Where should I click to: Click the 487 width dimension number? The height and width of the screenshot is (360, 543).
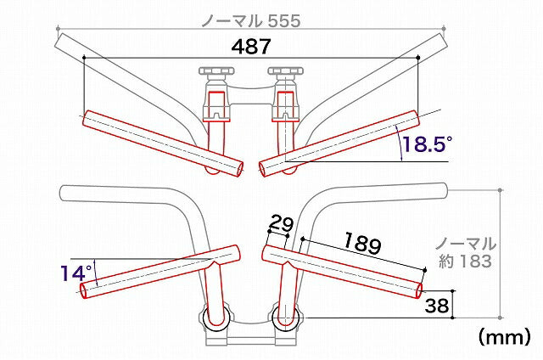pyautogui.click(x=251, y=47)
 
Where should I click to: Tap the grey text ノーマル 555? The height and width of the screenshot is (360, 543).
pyautogui.click(x=251, y=21)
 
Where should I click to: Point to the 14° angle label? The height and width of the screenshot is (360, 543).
pyautogui.click(x=76, y=273)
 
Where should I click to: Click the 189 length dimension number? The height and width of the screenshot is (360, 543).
pyautogui.click(x=362, y=243)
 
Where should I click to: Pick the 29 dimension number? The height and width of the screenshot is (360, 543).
pyautogui.click(x=281, y=223)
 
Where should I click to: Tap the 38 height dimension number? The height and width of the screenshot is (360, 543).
pyautogui.click(x=437, y=306)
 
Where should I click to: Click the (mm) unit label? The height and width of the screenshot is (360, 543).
pyautogui.click(x=504, y=336)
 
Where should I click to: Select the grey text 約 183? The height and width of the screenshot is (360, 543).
pyautogui.click(x=465, y=261)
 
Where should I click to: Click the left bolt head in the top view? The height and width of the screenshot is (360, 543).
pyautogui.click(x=216, y=71)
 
